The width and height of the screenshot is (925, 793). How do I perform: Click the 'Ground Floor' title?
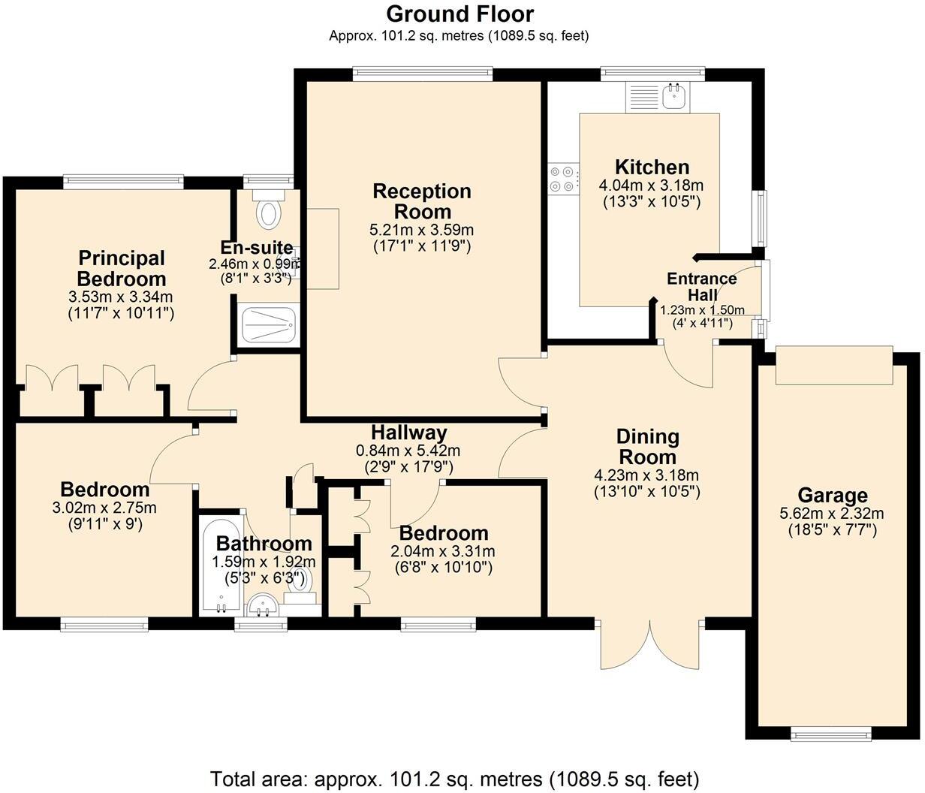tap(459, 14)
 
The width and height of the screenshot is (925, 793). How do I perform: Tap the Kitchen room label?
tap(652, 167)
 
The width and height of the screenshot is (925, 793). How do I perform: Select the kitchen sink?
tap(674, 96)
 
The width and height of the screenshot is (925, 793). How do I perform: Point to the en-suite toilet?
tap(268, 212)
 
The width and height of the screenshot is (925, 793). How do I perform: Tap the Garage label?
tap(833, 496)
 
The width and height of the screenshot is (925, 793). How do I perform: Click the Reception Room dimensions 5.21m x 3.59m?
tap(422, 230)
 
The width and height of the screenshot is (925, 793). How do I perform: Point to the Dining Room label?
tap(647, 446)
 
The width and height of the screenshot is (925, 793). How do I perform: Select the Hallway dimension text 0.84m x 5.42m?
tap(408, 451)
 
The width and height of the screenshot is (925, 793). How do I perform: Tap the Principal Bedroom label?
tap(121, 268)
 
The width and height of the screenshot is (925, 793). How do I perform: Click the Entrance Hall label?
tap(702, 286)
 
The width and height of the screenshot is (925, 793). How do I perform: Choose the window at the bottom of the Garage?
tap(832, 733)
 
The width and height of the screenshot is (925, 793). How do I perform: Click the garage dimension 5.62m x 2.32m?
tap(833, 514)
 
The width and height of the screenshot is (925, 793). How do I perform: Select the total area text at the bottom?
tap(455, 778)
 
